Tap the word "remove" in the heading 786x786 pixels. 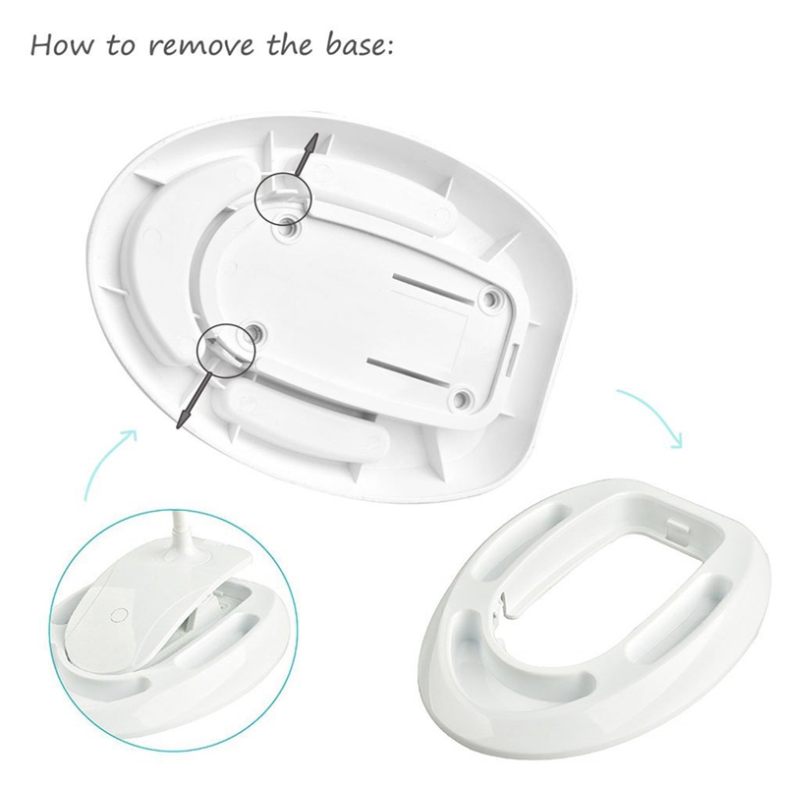click(200, 45)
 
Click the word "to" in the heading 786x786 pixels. click(120, 45)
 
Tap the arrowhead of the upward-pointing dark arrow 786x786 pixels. click(312, 141)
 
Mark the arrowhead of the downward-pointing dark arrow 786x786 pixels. click(184, 419)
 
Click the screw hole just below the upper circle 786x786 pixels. click(289, 230)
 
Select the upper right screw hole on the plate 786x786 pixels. click(489, 299)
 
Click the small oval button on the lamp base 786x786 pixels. click(120, 615)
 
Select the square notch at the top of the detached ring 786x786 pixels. click(678, 530)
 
